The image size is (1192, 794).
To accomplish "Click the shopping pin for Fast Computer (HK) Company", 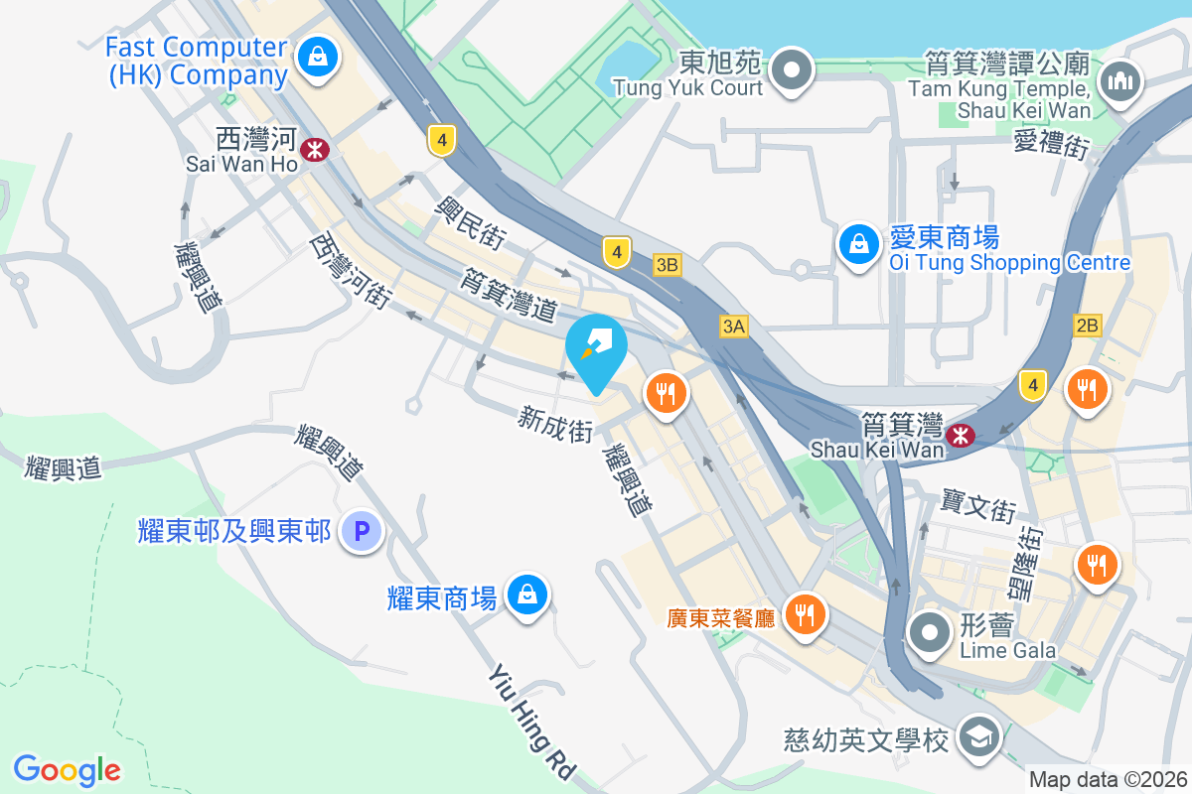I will click(316, 56).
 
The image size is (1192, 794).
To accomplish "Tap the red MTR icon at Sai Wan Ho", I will click(316, 150).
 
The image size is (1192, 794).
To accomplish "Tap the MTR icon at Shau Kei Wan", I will click(960, 435).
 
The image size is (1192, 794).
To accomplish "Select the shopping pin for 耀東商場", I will click(525, 595).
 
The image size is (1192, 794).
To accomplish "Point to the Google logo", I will click(68, 770).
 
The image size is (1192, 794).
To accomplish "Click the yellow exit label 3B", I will click(668, 265).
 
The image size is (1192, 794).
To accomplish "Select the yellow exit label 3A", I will click(734, 327).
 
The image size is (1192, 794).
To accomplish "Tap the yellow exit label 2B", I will click(1088, 325).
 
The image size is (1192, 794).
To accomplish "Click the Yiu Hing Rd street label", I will click(532, 722).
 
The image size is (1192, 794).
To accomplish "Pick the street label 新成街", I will click(555, 428).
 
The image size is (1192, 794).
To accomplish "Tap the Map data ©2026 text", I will click(1109, 780).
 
